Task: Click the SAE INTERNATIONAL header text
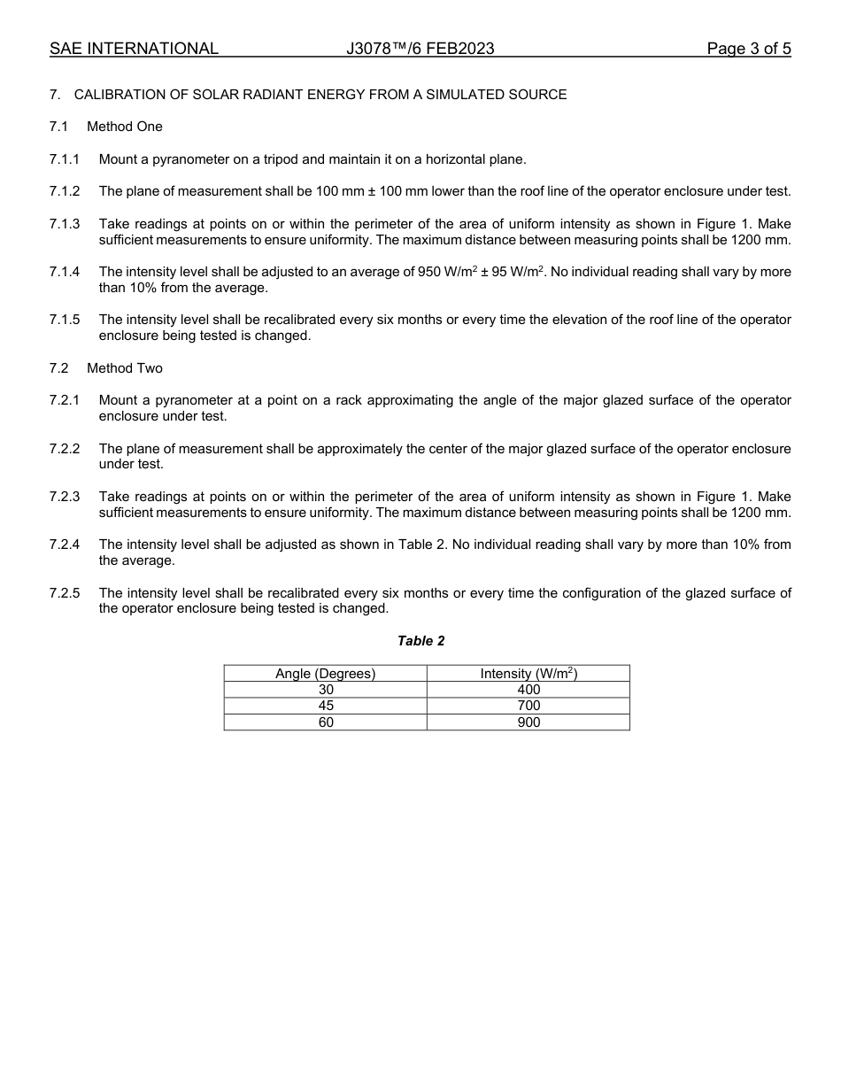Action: (134, 49)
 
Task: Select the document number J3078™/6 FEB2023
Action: (420, 49)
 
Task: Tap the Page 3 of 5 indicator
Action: (749, 49)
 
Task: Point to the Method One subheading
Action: (125, 127)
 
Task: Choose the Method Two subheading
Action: (125, 368)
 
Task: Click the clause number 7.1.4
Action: (65, 272)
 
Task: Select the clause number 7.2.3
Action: (65, 497)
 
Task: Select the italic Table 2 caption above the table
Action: (421, 641)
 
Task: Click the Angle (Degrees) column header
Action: (325, 674)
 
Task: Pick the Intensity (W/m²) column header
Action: (529, 674)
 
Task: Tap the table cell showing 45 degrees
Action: (326, 706)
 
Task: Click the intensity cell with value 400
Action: (529, 690)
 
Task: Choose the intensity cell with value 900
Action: (529, 722)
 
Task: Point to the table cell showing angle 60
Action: (326, 722)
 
